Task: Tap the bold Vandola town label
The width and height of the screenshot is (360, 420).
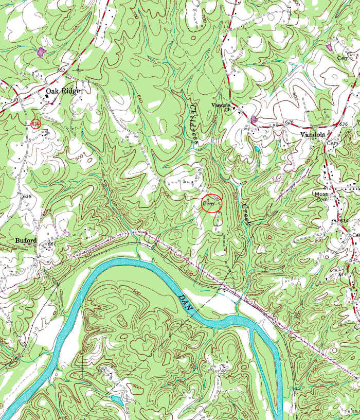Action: click(x=313, y=134)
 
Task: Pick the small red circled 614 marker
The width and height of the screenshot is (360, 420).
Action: click(x=35, y=124)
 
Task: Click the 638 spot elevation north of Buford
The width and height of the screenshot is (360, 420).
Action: click(x=27, y=196)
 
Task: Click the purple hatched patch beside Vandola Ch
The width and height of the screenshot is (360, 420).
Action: click(x=253, y=119)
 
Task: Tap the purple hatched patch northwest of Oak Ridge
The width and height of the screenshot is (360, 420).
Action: click(x=41, y=51)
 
